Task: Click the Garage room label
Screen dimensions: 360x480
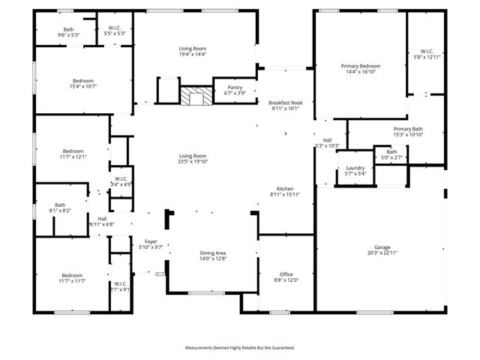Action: pyautogui.click(x=382, y=247)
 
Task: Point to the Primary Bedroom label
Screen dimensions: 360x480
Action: pyautogui.click(x=361, y=66)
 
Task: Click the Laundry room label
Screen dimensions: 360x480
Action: pyautogui.click(x=355, y=167)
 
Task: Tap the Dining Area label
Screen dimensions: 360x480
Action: pyautogui.click(x=212, y=253)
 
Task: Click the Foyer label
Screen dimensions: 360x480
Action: pyautogui.click(x=151, y=241)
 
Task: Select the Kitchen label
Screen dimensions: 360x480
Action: pyautogui.click(x=284, y=188)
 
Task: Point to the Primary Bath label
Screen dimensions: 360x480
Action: pyautogui.click(x=408, y=128)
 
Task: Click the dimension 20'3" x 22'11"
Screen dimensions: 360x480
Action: pyautogui.click(x=382, y=253)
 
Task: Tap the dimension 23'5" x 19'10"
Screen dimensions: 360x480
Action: pyautogui.click(x=192, y=161)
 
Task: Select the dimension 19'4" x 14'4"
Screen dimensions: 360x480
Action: pyautogui.click(x=192, y=54)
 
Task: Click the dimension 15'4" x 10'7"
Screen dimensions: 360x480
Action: pyautogui.click(x=82, y=87)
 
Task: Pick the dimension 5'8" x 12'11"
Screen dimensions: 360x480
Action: pyautogui.click(x=428, y=57)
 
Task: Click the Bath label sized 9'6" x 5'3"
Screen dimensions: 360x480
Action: pyautogui.click(x=68, y=28)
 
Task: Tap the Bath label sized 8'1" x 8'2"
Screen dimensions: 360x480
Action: pyautogui.click(x=60, y=205)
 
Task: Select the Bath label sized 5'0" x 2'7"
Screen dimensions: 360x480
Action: pyautogui.click(x=391, y=151)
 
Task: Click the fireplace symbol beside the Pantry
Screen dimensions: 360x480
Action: pyautogui.click(x=196, y=96)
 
